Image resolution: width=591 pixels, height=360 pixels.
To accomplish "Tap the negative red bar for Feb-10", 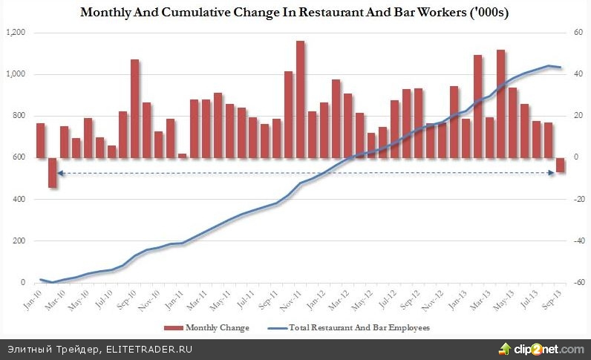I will (x=53, y=172).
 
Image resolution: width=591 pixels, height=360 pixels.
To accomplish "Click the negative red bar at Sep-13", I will (x=561, y=165).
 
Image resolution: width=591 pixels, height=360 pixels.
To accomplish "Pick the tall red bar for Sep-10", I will (x=135, y=108).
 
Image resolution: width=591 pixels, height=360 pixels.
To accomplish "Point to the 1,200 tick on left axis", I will (x=16, y=33).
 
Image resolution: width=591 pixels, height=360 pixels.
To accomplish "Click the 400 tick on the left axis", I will (x=19, y=199).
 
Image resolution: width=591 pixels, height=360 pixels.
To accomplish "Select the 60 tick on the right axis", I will (x=574, y=33).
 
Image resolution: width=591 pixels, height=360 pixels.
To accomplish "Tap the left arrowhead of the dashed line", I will (x=60, y=173).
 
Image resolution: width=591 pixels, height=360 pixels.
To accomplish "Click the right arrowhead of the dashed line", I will (x=552, y=173).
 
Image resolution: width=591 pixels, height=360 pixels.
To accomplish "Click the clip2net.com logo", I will (x=542, y=348).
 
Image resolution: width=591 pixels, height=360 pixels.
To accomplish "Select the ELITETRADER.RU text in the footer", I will (x=148, y=348).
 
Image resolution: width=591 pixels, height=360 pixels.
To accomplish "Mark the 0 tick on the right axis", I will (x=572, y=157).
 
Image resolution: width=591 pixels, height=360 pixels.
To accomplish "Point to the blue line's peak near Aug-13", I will (x=549, y=66).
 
